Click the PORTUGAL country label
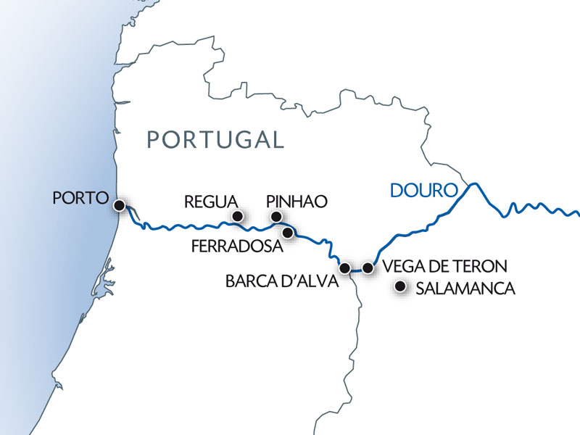215,139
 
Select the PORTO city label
80,198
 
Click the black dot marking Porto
120,205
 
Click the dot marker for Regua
236,216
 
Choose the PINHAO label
297,201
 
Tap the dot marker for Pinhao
275,216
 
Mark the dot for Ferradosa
288,233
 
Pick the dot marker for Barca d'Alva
346,268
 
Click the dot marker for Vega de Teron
368,268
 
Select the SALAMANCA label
465,289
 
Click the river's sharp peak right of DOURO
474,183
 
